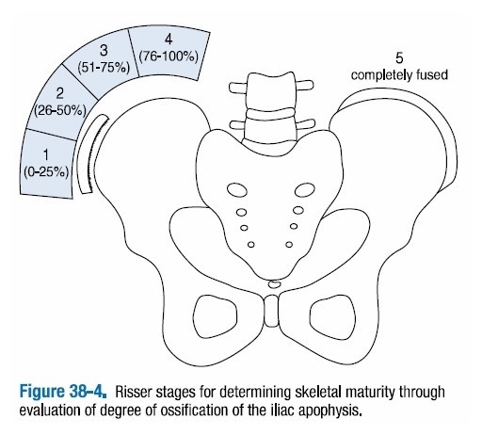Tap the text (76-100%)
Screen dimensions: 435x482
169,56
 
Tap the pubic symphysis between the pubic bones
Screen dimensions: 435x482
271,307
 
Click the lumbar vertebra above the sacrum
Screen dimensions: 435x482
270,120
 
